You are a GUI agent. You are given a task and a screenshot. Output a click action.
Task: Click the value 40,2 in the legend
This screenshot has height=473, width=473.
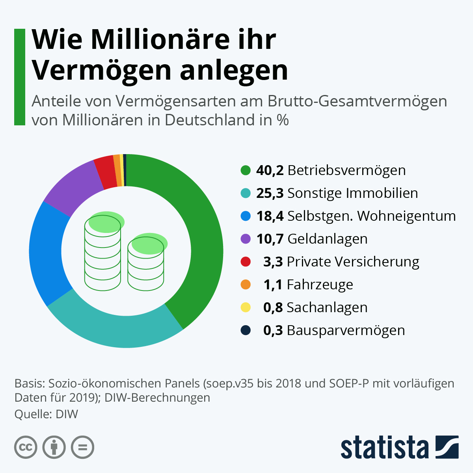(270, 170)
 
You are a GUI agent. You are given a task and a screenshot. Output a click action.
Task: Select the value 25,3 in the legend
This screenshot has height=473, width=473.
(270, 193)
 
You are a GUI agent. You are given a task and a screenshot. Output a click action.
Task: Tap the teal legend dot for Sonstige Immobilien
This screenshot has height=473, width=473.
(246, 193)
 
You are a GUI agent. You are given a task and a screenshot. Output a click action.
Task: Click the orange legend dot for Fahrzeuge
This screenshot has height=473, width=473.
(246, 285)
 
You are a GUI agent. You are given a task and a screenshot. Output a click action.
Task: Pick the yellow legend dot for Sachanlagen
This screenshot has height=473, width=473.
(246, 307)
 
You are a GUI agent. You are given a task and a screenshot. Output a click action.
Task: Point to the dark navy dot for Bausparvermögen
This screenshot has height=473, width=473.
(246, 330)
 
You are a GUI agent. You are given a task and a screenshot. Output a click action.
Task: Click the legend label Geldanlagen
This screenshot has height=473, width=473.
(328, 239)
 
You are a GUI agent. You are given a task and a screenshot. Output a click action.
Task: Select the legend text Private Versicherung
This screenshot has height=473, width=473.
(353, 262)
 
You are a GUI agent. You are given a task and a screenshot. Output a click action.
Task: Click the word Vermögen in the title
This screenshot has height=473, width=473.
(102, 70)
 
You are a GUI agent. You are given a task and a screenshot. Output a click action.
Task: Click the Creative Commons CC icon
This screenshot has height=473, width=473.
(26, 447)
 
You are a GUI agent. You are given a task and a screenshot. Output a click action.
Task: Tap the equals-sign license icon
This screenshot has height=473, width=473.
(83, 447)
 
